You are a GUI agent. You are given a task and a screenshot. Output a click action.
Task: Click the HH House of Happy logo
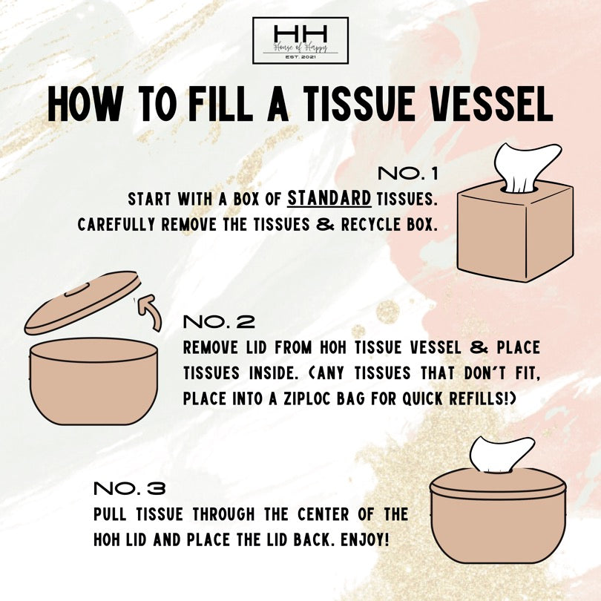300,40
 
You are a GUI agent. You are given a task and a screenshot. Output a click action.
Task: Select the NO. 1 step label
408,174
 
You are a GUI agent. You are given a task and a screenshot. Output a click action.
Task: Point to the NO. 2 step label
218,322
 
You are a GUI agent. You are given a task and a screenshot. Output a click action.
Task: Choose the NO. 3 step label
129,489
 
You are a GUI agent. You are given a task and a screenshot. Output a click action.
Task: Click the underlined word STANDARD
329,200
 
